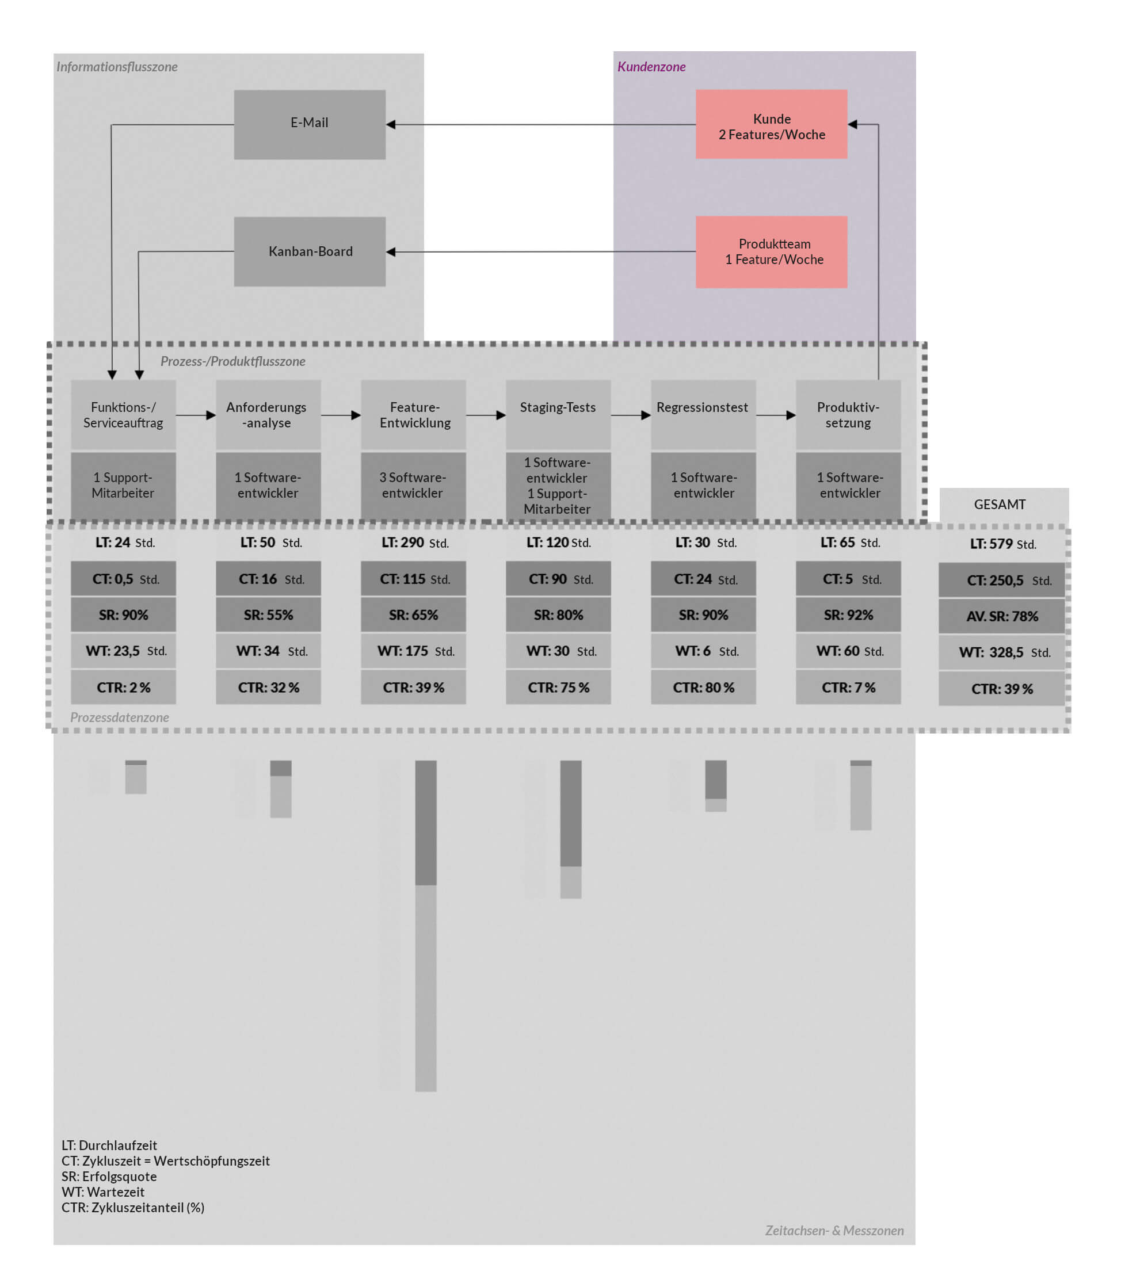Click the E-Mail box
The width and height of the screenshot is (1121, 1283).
pos(310,124)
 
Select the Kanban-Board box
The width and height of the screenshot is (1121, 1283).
pos(310,251)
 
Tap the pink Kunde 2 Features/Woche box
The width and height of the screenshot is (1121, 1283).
pos(771,124)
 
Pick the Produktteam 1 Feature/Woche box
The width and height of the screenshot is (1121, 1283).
pos(771,252)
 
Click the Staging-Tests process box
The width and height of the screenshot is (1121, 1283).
pos(558,414)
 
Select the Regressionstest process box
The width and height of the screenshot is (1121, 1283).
pos(703,414)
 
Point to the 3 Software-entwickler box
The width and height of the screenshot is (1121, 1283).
pos(413,486)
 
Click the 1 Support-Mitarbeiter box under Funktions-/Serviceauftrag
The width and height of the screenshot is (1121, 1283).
pos(123,486)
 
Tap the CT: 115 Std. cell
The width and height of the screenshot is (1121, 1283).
pos(413,579)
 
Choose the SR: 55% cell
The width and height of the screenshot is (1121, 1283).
pos(268,615)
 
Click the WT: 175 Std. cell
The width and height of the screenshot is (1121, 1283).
pos(413,651)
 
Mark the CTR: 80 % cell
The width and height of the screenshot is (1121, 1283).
pos(703,688)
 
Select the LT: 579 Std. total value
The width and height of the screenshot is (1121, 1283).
pos(1002,544)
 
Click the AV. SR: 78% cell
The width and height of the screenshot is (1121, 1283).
pos(1002,616)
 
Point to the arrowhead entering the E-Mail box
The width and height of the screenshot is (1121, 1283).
pos(391,124)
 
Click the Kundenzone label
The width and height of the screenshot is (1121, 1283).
pos(651,67)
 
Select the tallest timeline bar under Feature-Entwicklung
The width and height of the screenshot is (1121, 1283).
pos(426,926)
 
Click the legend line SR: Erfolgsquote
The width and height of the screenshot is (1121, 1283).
pos(109,1177)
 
